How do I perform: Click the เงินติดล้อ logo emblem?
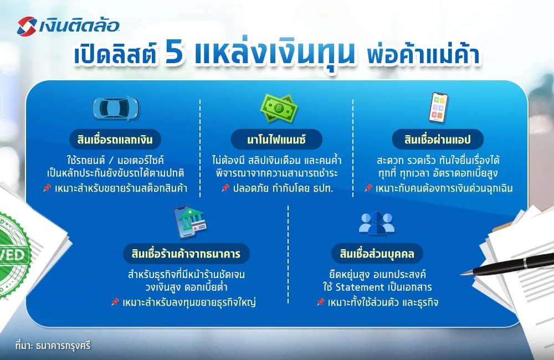[27, 25]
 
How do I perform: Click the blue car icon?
[115, 108]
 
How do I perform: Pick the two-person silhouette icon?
[377, 223]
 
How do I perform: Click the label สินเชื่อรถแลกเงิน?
[116, 138]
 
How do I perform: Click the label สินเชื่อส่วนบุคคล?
[377, 254]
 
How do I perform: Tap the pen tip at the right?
[464, 272]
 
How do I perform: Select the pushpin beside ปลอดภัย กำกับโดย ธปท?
[225, 188]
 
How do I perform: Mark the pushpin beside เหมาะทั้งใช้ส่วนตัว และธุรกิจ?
[320, 302]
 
